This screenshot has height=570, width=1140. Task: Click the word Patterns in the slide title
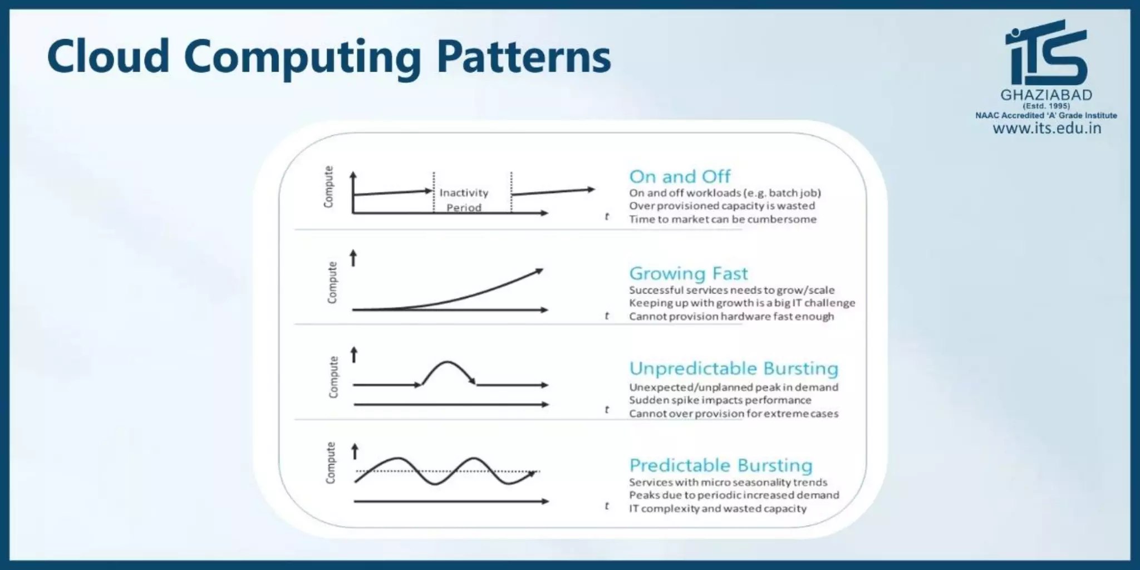[x=523, y=57]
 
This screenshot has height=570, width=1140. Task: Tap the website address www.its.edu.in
[x=1046, y=129]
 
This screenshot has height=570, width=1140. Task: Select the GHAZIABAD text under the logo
[x=1046, y=95]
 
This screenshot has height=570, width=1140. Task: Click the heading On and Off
[x=680, y=176]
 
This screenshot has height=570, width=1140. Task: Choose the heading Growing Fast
[x=689, y=273]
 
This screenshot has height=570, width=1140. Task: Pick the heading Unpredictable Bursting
[x=734, y=368]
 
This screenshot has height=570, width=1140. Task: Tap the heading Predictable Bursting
[x=721, y=465]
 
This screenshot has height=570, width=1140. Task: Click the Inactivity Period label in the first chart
[x=464, y=200]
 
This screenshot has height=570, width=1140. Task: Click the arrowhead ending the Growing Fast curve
[x=538, y=272]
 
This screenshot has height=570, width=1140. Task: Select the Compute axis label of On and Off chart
[x=328, y=187]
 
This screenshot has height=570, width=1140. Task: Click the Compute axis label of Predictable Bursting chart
[x=331, y=463]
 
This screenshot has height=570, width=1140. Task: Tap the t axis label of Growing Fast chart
[x=607, y=316]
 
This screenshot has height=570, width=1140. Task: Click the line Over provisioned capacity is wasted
[x=722, y=206]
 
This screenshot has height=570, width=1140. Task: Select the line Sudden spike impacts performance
[x=720, y=400]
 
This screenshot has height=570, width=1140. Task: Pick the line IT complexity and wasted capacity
[x=718, y=508]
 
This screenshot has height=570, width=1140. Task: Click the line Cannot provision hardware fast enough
[x=731, y=316]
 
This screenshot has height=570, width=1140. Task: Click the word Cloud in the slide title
[x=109, y=57]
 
